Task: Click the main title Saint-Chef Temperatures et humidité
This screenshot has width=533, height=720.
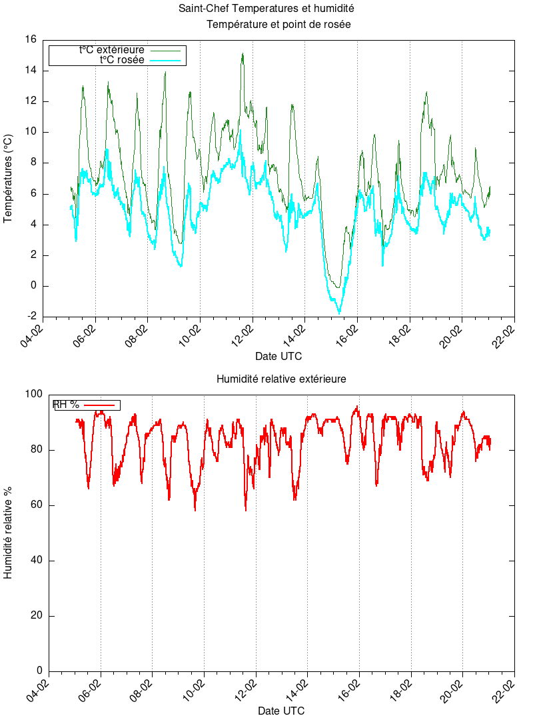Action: pyautogui.click(x=266, y=9)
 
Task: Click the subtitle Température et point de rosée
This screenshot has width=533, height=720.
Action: pyautogui.click(x=278, y=25)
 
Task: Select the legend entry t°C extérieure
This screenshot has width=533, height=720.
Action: pyautogui.click(x=111, y=49)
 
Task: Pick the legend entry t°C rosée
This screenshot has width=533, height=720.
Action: pyautogui.click(x=122, y=59)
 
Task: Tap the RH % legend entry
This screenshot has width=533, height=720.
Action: pyautogui.click(x=66, y=405)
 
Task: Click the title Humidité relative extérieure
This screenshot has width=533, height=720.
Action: pyautogui.click(x=280, y=379)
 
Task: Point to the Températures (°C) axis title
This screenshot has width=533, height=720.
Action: pyautogui.click(x=9, y=178)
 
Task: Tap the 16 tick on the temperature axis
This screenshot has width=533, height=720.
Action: pyautogui.click(x=30, y=40)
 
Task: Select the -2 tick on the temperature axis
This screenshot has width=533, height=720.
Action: pyautogui.click(x=30, y=317)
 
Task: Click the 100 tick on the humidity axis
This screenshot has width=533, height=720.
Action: pyautogui.click(x=33, y=395)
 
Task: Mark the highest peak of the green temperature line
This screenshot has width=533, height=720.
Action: pyautogui.click(x=243, y=54)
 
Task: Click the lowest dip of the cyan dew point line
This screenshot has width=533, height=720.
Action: pyautogui.click(x=339, y=313)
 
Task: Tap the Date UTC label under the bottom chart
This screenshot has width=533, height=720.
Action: pyautogui.click(x=281, y=711)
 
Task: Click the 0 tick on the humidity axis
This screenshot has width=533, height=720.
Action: pyautogui.click(x=39, y=671)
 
